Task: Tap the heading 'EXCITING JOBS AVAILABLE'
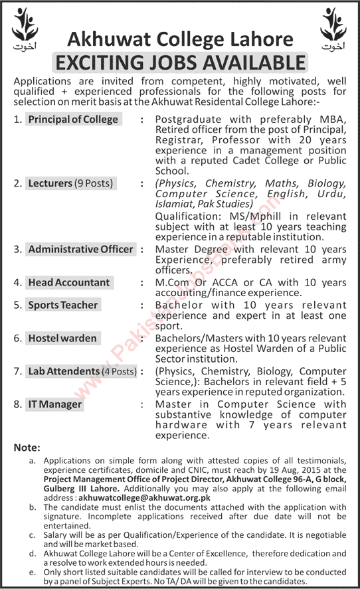(x=180, y=63)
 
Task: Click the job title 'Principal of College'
(x=73, y=120)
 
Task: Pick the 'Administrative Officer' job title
(x=81, y=250)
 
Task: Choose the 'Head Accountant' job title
(x=69, y=282)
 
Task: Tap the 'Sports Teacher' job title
(x=63, y=305)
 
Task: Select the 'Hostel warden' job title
(x=62, y=338)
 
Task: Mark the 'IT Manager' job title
(x=55, y=404)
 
